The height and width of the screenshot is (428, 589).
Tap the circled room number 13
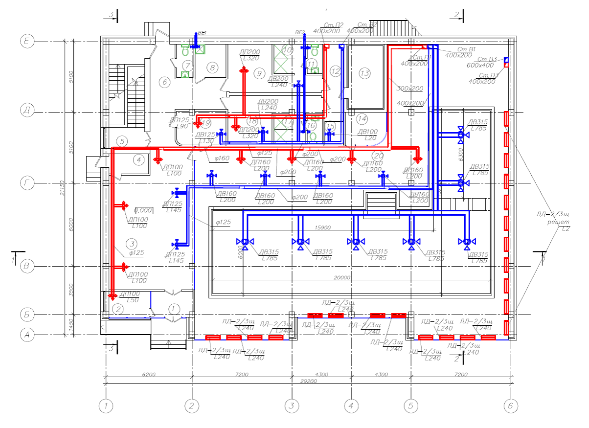(x=364, y=74)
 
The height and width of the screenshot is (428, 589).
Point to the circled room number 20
(x=378, y=156)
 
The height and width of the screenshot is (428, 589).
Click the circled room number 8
(x=211, y=68)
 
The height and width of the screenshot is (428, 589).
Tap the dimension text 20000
(x=342, y=277)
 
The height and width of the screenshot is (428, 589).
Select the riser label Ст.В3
(x=488, y=60)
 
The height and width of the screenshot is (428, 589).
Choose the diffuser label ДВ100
(x=367, y=132)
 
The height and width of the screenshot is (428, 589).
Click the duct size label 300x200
(x=409, y=89)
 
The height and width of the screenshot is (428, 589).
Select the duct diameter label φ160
(x=222, y=158)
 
